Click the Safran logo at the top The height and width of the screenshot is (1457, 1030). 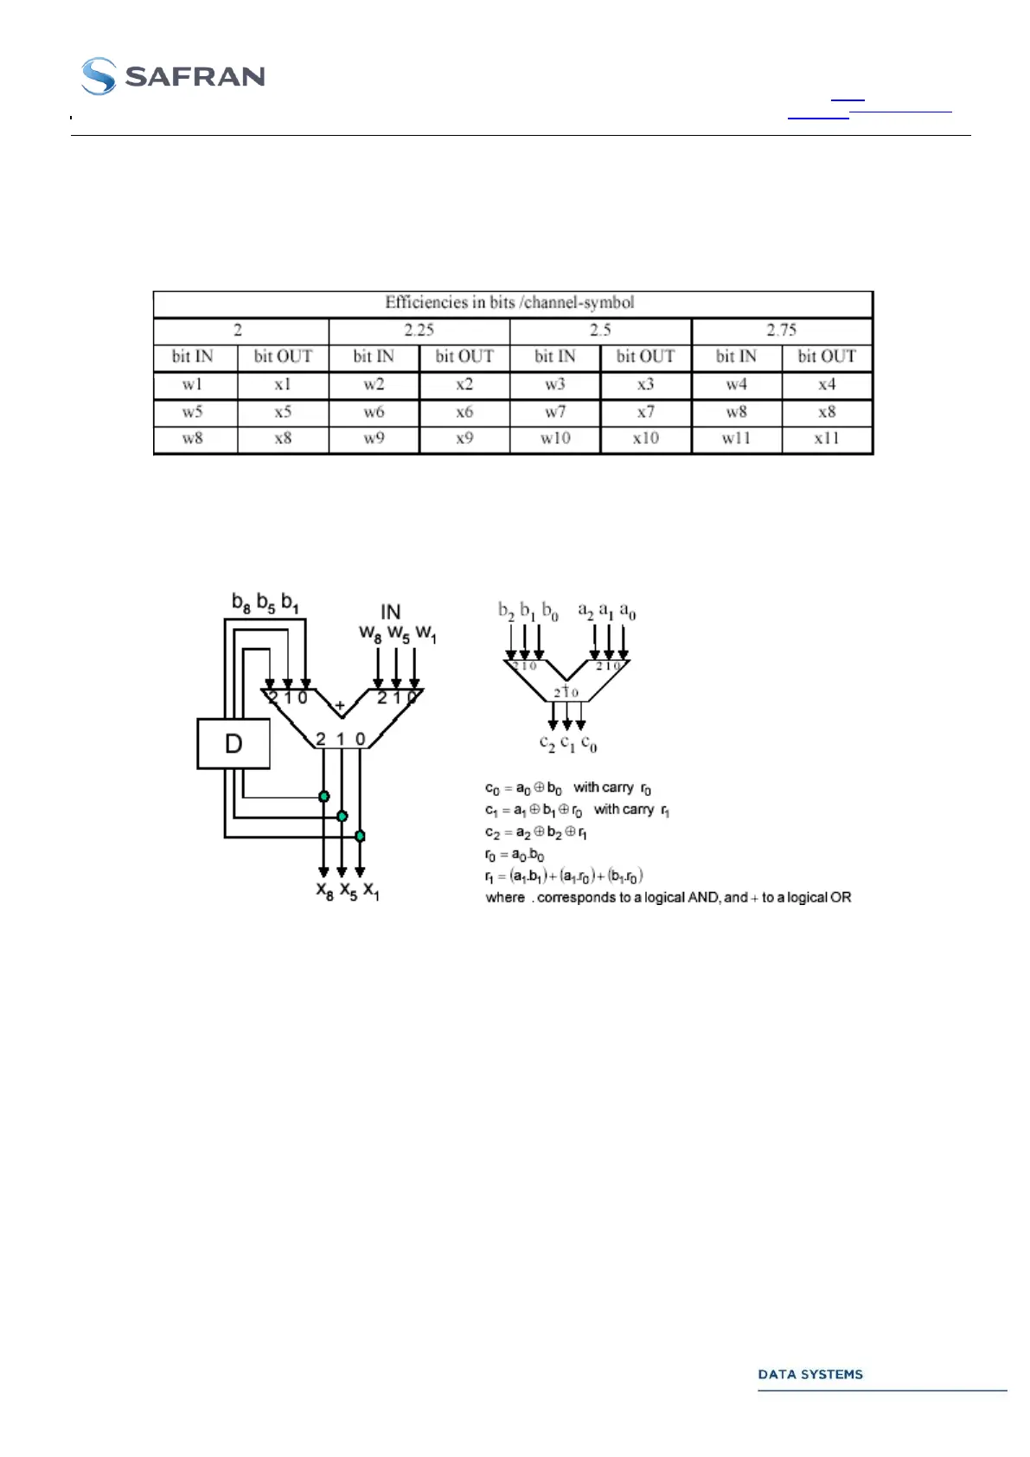173,76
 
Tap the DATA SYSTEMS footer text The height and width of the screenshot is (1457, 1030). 809,1374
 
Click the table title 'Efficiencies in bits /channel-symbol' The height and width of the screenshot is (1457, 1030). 509,303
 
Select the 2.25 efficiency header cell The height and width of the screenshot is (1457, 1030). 419,331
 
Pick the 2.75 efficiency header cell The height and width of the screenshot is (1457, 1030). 782,331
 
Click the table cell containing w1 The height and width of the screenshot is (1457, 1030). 193,385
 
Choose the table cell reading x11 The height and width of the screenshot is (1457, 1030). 827,439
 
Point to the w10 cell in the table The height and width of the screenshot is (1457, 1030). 555,439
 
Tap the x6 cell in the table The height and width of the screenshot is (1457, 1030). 464,412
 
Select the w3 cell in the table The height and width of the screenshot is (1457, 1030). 555,385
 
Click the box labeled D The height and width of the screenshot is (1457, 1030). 234,743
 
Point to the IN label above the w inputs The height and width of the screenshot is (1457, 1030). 391,613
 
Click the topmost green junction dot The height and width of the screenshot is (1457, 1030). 324,796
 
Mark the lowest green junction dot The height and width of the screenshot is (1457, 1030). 360,836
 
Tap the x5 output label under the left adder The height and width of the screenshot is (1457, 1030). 348,891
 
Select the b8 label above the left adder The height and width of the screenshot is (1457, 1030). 241,602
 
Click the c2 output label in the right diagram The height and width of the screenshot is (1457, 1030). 547,742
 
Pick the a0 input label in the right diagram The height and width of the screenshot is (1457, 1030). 628,613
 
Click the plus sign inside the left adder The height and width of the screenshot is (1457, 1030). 340,706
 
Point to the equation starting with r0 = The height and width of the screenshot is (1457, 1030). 515,855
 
